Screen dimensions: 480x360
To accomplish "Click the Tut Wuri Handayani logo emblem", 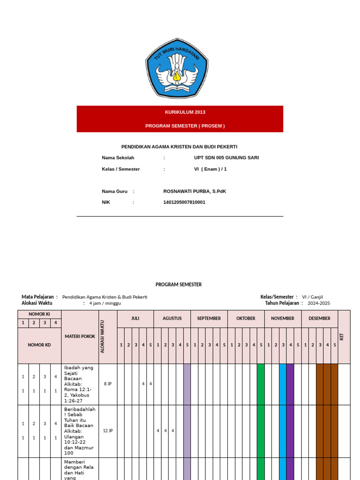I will coord(177,68).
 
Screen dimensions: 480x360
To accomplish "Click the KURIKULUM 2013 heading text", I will coord(185,112).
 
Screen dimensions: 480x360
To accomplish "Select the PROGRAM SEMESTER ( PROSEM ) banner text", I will coord(185,126).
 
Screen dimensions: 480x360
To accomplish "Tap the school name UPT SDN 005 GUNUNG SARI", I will coord(226,157).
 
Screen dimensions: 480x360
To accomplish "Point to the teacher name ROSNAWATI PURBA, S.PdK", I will coord(195,191).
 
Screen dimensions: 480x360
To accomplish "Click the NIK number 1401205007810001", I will coord(184,202).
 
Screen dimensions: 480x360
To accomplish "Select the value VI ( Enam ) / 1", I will coord(210,169).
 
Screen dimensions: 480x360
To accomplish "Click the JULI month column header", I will coord(135,318).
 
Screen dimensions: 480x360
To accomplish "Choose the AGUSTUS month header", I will coord(172,318).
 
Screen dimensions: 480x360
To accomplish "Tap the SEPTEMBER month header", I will coord(209,318).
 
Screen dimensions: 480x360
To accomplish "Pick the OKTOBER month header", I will coord(246,318).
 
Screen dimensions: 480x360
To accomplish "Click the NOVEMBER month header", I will coord(282,318).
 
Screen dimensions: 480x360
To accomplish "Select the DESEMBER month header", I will coord(319,318).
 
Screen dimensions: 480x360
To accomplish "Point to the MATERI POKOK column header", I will coord(80,336).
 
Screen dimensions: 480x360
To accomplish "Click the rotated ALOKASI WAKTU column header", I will coord(103,336).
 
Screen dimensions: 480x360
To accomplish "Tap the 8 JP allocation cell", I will coord(108,383).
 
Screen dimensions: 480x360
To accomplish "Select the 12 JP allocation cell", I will coord(108,431).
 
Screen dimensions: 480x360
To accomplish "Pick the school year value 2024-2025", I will coord(319,303).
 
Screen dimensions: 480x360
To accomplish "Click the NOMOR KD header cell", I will coord(39,345).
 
